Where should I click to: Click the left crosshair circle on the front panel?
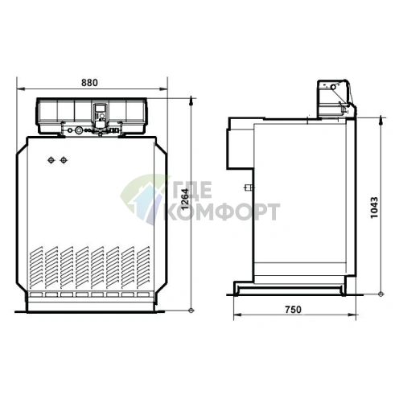(52, 159)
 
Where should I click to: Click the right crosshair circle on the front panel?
(64, 159)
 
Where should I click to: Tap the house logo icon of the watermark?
(142, 199)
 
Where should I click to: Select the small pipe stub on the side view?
(249, 191)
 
